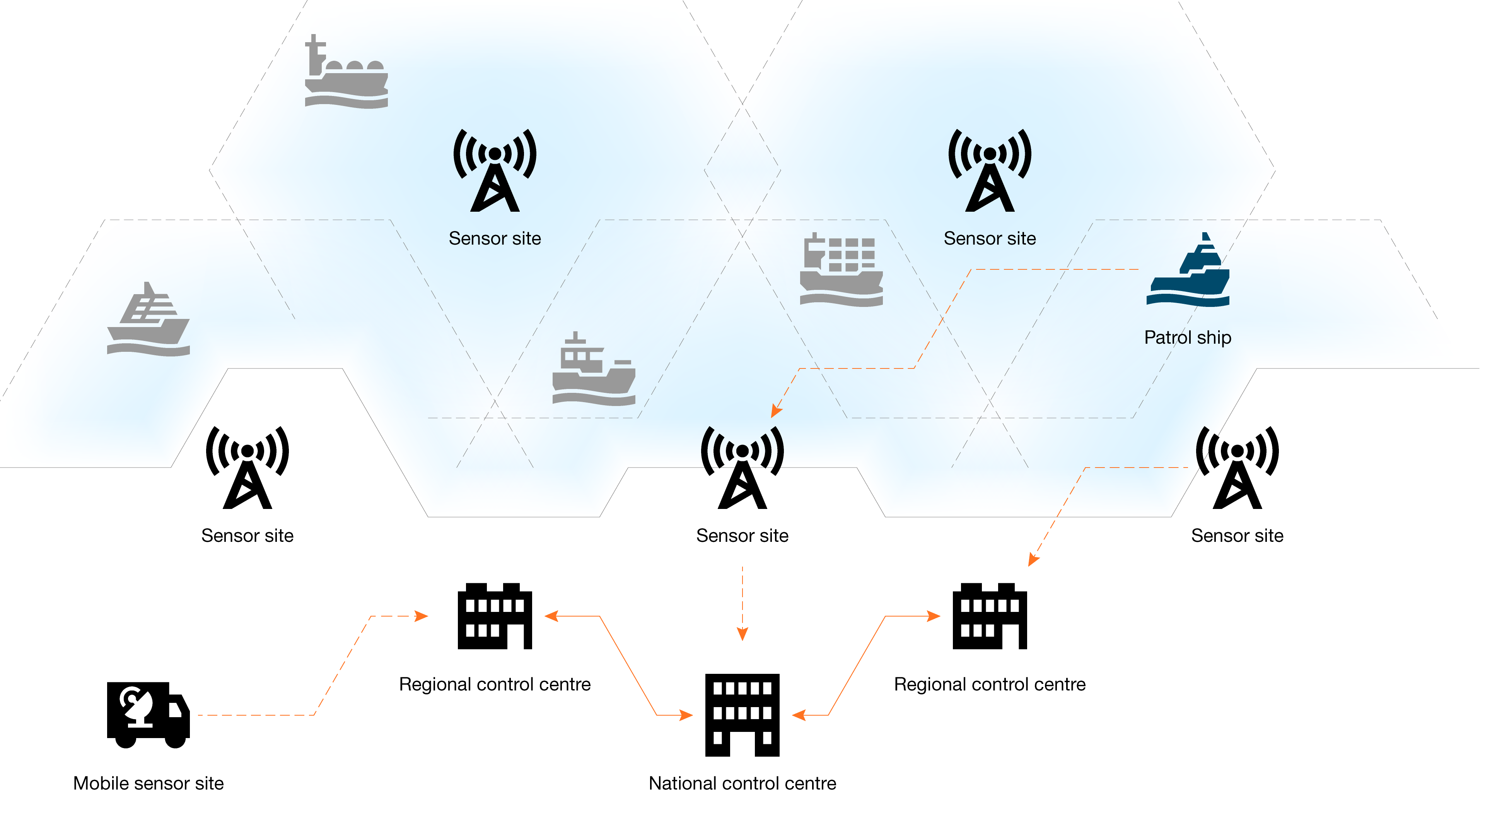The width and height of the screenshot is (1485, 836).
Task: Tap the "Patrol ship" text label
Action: coord(1188,337)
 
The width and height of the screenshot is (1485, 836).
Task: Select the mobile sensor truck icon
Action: coord(148,715)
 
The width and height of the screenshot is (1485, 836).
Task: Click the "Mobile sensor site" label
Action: coord(148,783)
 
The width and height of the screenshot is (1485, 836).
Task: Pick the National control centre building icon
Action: coord(742,715)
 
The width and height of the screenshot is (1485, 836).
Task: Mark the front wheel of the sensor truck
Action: coord(176,739)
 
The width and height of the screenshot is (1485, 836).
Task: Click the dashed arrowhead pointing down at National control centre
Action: coord(742,634)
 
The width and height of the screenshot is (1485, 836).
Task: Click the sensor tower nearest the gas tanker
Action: coord(495,171)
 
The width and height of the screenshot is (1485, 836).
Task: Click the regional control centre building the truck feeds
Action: coord(495,616)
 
